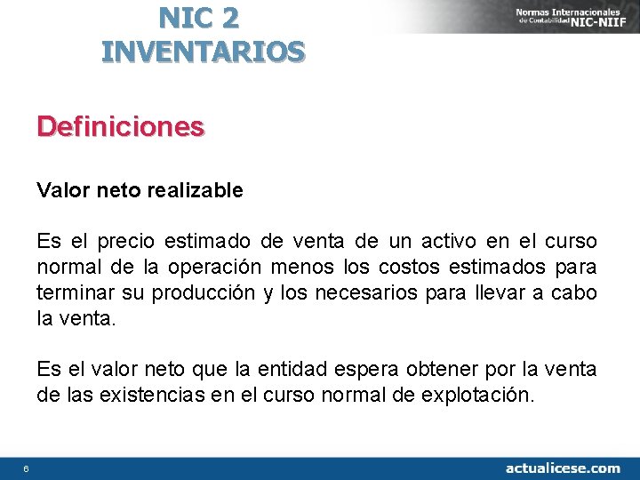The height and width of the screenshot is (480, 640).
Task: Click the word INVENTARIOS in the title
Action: [204, 52]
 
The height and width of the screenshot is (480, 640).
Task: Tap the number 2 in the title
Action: [229, 16]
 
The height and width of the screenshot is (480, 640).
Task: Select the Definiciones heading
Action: [120, 127]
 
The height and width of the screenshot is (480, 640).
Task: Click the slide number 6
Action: [27, 468]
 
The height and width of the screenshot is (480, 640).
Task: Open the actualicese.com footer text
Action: [563, 468]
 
